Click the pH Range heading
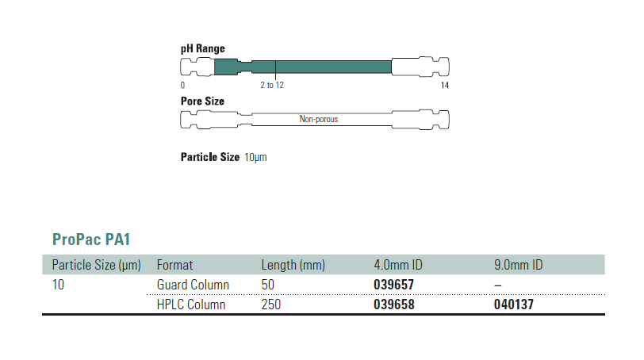pyautogui.click(x=203, y=49)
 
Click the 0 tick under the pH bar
pyautogui.click(x=183, y=85)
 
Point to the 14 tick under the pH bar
pyautogui.click(x=444, y=85)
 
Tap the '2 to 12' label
pyautogui.click(x=272, y=85)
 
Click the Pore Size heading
pyautogui.click(x=203, y=101)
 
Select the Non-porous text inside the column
pyautogui.click(x=319, y=120)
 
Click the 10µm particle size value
pyautogui.click(x=256, y=157)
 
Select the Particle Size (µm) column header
pyautogui.click(x=96, y=265)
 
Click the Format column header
pyautogui.click(x=175, y=265)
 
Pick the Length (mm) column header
pyautogui.click(x=293, y=265)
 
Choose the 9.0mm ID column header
pyautogui.click(x=518, y=265)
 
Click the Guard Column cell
pyautogui.click(x=194, y=285)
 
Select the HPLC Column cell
pyautogui.click(x=191, y=304)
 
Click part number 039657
pyautogui.click(x=394, y=285)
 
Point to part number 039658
pyautogui.click(x=394, y=304)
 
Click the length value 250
pyautogui.click(x=272, y=304)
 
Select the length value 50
pyautogui.click(x=269, y=285)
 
